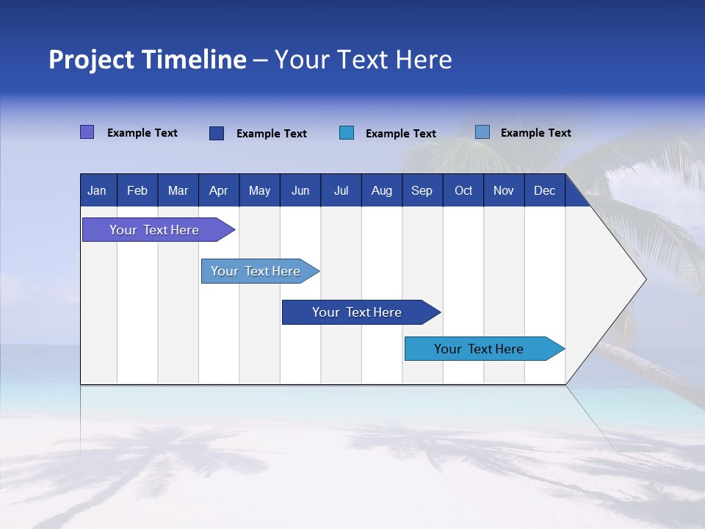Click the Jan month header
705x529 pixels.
pos(97,190)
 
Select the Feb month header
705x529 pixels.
pos(137,190)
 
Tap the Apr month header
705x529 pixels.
pos(218,190)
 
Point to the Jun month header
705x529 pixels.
pos(300,190)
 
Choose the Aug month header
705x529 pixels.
pos(381,190)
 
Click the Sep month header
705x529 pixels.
pos(422,190)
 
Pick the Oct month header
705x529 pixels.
pos(463,190)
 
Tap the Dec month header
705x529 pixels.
pos(544,190)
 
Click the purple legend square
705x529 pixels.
pos(87,132)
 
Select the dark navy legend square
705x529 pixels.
pos(216,133)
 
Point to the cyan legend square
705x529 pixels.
pos(347,133)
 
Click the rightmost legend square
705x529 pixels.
pos(482,132)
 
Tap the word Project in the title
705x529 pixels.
pos(91,60)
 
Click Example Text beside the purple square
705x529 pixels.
pos(142,133)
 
